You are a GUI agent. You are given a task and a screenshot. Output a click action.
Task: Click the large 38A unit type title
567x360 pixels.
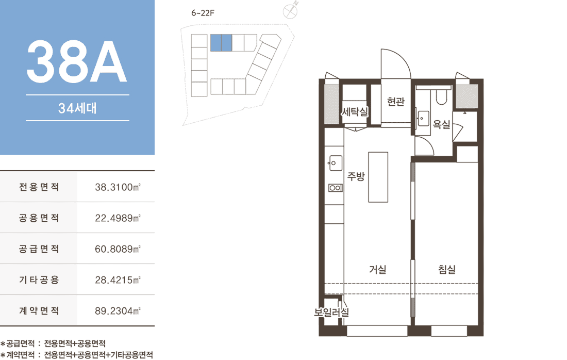tap(77, 61)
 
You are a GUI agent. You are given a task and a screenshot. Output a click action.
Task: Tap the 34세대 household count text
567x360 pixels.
tap(77, 108)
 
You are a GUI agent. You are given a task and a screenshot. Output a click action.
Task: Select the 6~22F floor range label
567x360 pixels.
tap(203, 13)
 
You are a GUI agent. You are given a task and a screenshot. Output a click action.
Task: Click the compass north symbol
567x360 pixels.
tap(290, 10)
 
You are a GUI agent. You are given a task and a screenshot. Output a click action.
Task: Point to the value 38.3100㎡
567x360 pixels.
tap(118, 187)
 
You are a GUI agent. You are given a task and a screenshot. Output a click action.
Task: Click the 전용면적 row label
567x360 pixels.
tap(39, 187)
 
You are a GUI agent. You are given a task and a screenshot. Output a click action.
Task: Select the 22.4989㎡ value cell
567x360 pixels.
tap(118, 218)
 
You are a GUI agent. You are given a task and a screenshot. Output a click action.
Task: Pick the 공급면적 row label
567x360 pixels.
tap(39, 249)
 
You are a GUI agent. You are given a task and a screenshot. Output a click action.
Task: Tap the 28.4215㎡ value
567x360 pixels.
tap(118, 280)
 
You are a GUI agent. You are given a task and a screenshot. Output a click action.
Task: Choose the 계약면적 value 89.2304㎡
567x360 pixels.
tap(118, 311)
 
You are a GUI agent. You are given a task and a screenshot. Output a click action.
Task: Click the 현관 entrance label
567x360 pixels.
tap(395, 102)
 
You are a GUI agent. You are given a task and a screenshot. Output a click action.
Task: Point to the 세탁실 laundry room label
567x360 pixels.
tap(355, 111)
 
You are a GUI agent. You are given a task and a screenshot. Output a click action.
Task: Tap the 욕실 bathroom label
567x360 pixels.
tap(442, 124)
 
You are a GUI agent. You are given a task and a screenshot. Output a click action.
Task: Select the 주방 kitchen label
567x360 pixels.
tap(356, 176)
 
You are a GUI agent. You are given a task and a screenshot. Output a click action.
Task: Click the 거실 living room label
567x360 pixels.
tap(377, 269)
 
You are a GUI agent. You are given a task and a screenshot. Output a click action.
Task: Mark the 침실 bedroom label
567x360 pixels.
tap(447, 269)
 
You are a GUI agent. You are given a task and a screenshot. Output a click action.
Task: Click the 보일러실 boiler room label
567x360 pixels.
tap(331, 312)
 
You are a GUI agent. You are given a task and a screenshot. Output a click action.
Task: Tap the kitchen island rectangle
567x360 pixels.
tap(378, 177)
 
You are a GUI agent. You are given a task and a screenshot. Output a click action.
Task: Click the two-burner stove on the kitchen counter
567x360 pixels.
tap(335, 188)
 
